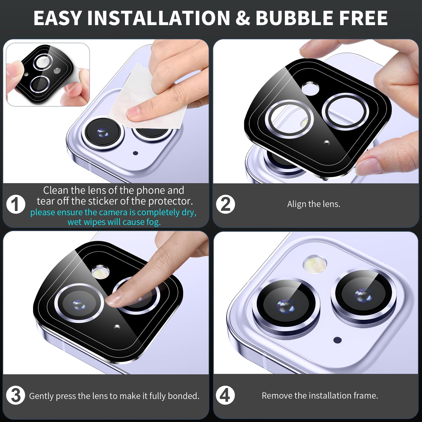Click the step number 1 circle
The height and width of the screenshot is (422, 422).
pyautogui.click(x=16, y=204)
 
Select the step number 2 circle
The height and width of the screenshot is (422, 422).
pyautogui.click(x=225, y=204)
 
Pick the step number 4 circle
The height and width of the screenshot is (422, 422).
pyautogui.click(x=225, y=395)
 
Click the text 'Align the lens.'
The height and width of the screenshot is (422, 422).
pyautogui.click(x=314, y=204)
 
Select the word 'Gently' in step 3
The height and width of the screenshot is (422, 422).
pyautogui.click(x=41, y=396)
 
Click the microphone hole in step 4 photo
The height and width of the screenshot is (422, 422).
pyautogui.click(x=338, y=340)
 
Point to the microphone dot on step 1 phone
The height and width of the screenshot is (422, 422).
pyautogui.click(x=135, y=153)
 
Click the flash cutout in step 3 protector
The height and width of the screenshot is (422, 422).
pyautogui.click(x=100, y=272)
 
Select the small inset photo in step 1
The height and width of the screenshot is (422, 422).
pyautogui.click(x=48, y=75)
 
